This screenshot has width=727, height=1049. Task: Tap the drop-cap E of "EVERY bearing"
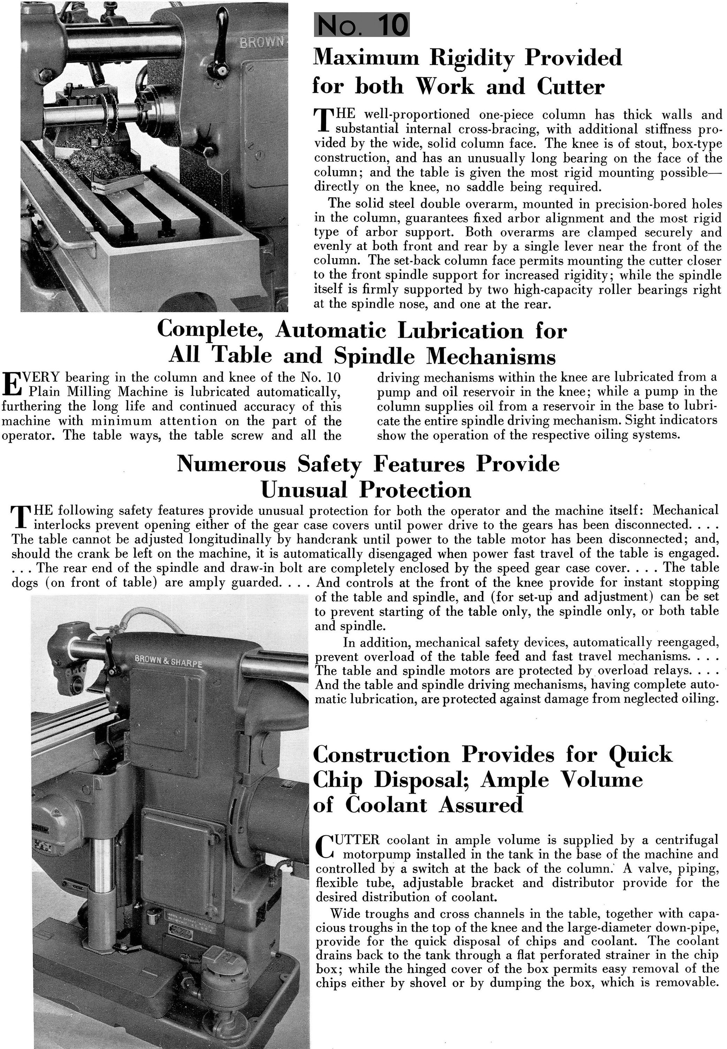coord(10,384)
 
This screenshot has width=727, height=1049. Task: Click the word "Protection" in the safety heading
coord(415,490)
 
